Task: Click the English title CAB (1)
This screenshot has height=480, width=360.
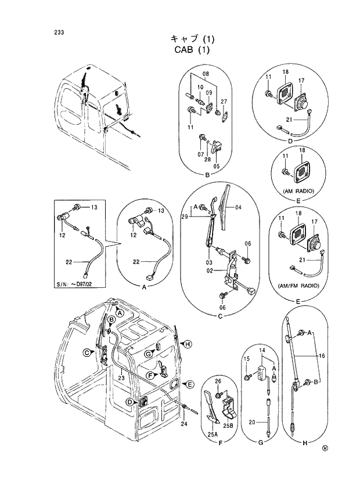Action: [x=191, y=50]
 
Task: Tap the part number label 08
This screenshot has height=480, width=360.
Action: [x=205, y=74]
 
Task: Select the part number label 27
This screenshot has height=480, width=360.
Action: [x=223, y=101]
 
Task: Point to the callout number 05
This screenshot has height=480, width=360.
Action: [x=216, y=165]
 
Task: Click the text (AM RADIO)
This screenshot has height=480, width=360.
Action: [x=298, y=190]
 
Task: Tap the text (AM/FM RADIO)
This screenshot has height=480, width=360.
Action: [x=298, y=286]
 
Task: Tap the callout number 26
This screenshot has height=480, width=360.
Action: [x=218, y=381]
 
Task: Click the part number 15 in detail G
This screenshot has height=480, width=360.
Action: [x=246, y=359]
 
